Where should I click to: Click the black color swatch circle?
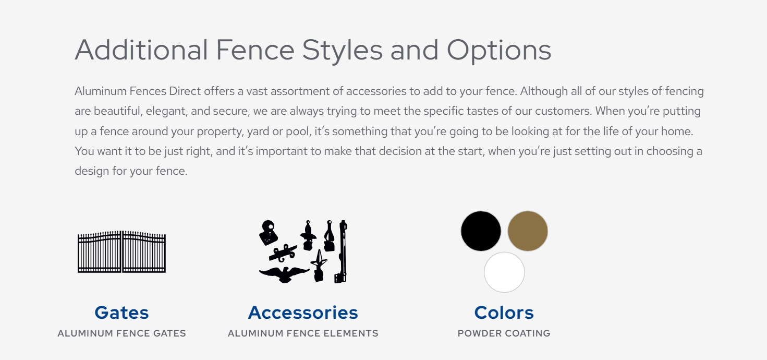click(x=481, y=231)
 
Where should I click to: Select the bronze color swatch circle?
click(x=528, y=231)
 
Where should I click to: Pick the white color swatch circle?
click(x=504, y=272)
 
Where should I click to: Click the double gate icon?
click(x=121, y=252)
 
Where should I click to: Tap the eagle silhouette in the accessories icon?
click(x=284, y=275)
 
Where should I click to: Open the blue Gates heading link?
click(x=121, y=313)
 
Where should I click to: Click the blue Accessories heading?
click(x=303, y=313)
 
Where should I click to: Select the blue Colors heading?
click(x=504, y=313)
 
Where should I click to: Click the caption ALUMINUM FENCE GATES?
click(x=121, y=333)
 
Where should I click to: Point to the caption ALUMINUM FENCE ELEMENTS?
click(x=303, y=333)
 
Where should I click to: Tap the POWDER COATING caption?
click(x=504, y=333)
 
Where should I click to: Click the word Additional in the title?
click(x=141, y=50)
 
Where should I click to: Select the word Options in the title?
click(x=499, y=51)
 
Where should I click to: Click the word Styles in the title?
click(x=342, y=51)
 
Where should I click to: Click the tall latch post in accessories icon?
click(x=343, y=252)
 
